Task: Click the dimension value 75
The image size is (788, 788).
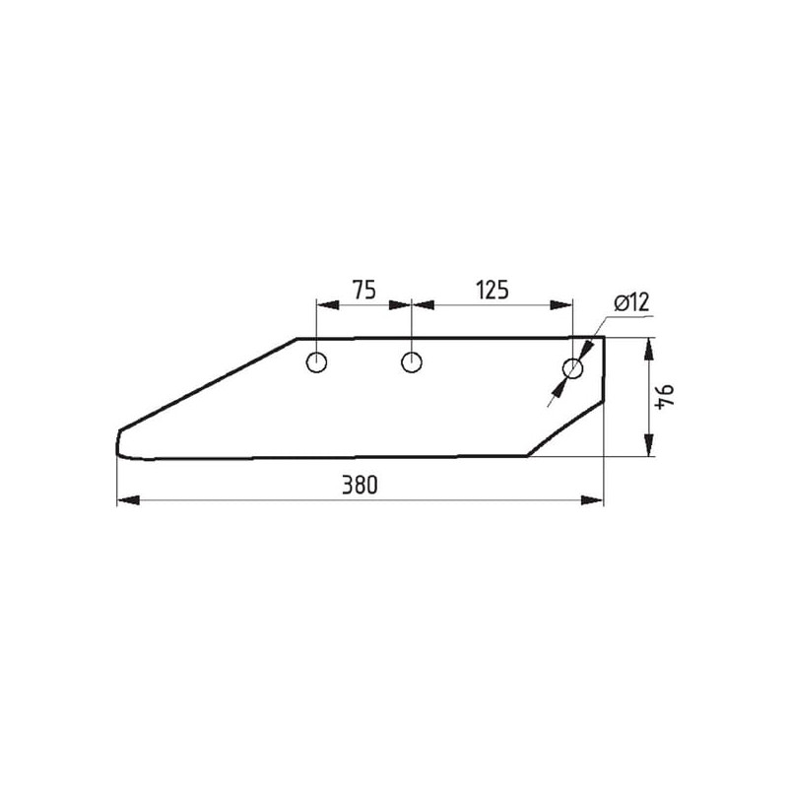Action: pyautogui.click(x=363, y=290)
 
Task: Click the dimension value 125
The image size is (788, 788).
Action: pyautogui.click(x=492, y=290)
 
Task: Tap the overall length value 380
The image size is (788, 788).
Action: pyautogui.click(x=360, y=485)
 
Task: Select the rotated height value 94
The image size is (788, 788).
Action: pyautogui.click(x=664, y=396)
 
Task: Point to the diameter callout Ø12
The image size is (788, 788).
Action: pyautogui.click(x=631, y=303)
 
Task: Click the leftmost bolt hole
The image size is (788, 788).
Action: pyautogui.click(x=316, y=362)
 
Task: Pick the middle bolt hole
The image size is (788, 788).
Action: pyautogui.click(x=412, y=362)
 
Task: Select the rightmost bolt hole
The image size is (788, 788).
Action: pyautogui.click(x=572, y=369)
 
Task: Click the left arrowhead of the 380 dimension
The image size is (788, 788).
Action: pyautogui.click(x=128, y=500)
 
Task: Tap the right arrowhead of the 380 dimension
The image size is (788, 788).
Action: pyautogui.click(x=592, y=500)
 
